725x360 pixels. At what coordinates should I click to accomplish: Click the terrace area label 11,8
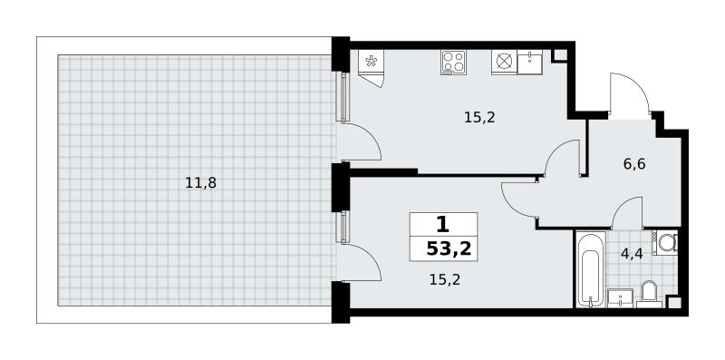(x=200, y=184)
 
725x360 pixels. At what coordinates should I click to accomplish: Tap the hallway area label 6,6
(x=634, y=164)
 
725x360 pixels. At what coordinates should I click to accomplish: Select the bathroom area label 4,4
(x=632, y=254)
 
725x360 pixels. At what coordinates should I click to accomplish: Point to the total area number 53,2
(x=449, y=249)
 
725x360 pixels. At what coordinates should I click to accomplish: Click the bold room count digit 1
(x=442, y=225)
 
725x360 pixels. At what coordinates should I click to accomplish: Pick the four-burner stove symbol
(x=453, y=62)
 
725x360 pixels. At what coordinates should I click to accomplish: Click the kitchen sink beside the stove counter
(x=529, y=62)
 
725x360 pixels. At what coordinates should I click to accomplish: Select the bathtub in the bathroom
(x=591, y=269)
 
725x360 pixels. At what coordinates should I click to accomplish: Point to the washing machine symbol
(x=665, y=242)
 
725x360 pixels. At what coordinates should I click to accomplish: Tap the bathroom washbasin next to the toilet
(x=619, y=297)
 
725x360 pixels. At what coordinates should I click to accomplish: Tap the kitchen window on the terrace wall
(x=343, y=96)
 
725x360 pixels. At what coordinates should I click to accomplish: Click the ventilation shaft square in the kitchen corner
(x=559, y=55)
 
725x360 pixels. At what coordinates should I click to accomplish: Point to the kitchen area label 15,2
(x=479, y=118)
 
